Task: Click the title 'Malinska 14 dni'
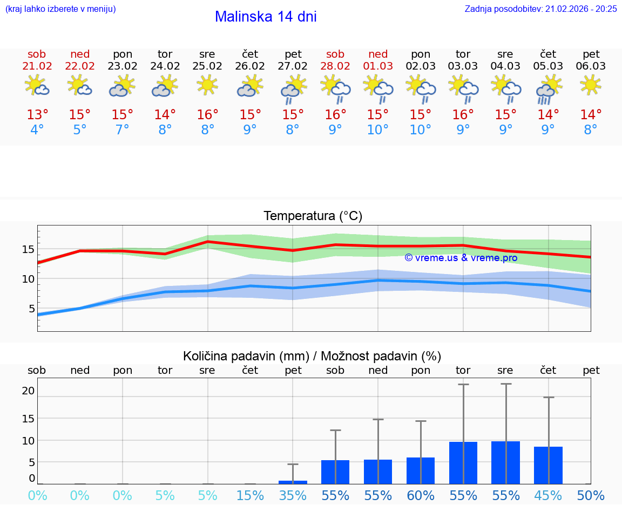tap(266, 17)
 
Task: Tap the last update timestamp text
tap(540, 9)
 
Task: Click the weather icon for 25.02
tap(207, 85)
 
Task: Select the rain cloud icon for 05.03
tap(548, 89)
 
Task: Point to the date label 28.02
tap(335, 66)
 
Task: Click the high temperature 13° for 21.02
tap(37, 115)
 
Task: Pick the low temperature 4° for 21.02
tap(37, 130)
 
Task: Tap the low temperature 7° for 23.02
tap(123, 130)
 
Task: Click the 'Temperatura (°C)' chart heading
tap(313, 216)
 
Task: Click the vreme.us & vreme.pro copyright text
tap(461, 258)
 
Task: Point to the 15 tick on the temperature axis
tap(28, 249)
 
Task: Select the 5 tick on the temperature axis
tap(31, 309)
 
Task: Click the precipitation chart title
tap(312, 356)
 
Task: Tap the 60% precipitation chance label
tap(421, 496)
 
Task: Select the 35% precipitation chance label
tap(293, 496)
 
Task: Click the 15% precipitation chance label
tap(250, 496)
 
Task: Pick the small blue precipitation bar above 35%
tap(293, 482)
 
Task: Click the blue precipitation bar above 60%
tap(421, 470)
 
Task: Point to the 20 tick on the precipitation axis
tap(28, 391)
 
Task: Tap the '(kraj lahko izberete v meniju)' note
tap(60, 9)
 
